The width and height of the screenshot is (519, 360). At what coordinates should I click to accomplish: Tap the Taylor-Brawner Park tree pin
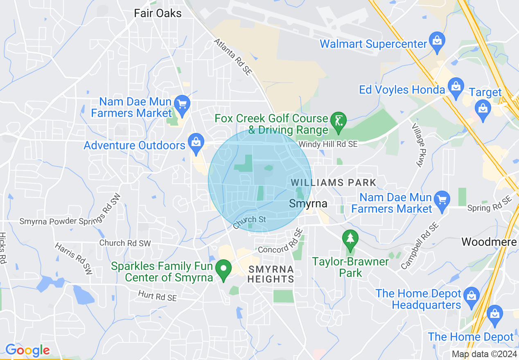(350, 239)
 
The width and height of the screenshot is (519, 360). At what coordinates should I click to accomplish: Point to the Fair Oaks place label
(158, 13)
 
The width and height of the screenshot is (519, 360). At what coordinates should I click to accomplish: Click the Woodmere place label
(489, 242)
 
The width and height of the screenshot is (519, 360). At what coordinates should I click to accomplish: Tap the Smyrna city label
(308, 203)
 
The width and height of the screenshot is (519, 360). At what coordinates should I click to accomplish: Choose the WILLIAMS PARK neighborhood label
(333, 182)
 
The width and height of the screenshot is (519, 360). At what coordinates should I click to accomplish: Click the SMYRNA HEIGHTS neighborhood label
(271, 274)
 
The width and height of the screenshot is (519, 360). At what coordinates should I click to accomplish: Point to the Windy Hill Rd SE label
(328, 144)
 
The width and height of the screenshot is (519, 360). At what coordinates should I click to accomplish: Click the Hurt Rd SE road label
(157, 295)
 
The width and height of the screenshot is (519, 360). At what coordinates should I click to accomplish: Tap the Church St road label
(250, 222)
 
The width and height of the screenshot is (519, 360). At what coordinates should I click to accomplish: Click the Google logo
(27, 350)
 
